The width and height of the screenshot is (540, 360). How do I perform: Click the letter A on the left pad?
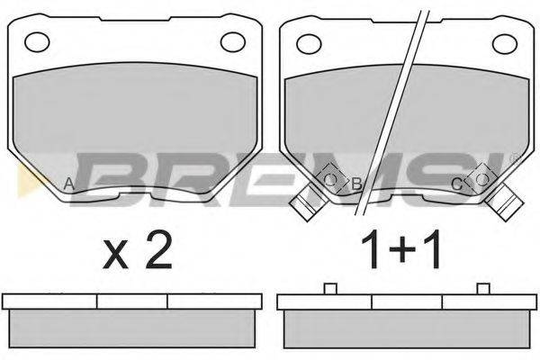point(69,184)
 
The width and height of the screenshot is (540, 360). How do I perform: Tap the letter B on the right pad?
point(356,184)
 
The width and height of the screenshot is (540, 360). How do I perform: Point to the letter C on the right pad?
point(456,184)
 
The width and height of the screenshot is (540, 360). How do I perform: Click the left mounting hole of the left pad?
point(37,42)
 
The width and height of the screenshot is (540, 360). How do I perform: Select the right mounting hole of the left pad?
point(233,42)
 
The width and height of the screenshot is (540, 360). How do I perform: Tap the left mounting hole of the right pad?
point(309,44)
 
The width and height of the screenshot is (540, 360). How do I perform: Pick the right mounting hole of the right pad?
point(505,44)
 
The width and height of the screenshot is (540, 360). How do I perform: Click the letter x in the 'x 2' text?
point(115,256)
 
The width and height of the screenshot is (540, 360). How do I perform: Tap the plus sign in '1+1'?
point(401,250)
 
